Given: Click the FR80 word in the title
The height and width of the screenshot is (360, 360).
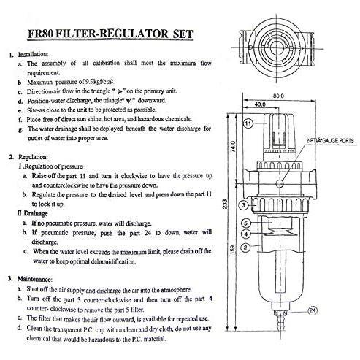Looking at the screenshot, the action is point(40,34).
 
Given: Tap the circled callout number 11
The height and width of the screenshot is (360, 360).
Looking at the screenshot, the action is point(248,123).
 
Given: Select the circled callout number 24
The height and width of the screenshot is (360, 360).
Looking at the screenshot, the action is point(313,310).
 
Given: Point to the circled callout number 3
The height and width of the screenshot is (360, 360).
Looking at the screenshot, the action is point(244,205).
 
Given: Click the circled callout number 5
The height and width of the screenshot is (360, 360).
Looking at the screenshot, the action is point(246,223).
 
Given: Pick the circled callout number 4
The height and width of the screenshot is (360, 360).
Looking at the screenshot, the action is point(246,234).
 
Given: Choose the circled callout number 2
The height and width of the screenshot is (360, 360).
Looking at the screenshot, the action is point(245,248).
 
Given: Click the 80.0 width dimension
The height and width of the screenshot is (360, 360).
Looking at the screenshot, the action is point(278,96).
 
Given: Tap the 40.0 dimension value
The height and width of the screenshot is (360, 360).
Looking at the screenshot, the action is point(260,104).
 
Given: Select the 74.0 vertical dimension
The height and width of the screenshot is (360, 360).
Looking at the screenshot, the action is point(233,146).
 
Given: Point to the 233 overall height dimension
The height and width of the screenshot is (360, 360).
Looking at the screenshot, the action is point(225,204).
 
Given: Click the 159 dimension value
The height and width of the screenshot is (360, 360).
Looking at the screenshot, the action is point(232,250).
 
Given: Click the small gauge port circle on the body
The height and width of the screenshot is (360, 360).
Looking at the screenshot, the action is point(280,183).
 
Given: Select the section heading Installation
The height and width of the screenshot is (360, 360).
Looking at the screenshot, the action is point(33,54).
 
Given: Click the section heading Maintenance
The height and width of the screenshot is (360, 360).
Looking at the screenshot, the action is point(35,279).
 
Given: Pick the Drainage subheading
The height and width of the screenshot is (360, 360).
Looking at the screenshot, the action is point(32,213).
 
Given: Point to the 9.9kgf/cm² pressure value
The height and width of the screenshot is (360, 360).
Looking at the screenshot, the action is point(100,82).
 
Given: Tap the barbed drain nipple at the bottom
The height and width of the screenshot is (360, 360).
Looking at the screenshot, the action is point(280,321).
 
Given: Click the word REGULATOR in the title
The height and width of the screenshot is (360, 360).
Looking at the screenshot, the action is point(133,34).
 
